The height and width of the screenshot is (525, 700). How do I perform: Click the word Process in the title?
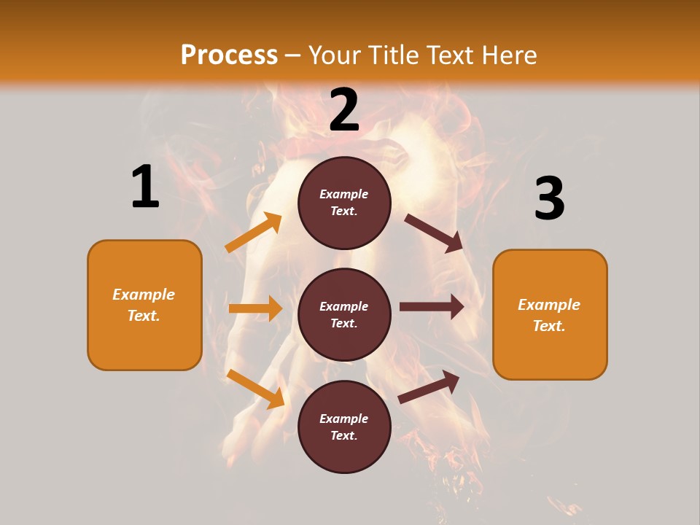pyautogui.click(x=229, y=55)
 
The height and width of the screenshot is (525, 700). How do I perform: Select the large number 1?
pyautogui.click(x=144, y=187)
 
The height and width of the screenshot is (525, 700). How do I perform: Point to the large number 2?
pyautogui.click(x=344, y=110)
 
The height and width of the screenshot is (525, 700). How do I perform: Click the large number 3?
pyautogui.click(x=549, y=198)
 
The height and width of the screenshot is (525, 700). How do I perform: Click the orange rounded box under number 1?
pyautogui.click(x=144, y=305)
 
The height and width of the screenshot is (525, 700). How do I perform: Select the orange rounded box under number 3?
pyautogui.click(x=550, y=315)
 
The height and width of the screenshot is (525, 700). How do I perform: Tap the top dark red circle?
pyautogui.click(x=344, y=203)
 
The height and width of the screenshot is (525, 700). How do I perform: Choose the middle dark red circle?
pyautogui.click(x=344, y=314)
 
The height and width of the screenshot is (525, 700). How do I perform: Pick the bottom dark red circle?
pyautogui.click(x=344, y=427)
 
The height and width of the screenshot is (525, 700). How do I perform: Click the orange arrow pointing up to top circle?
pyautogui.click(x=254, y=233)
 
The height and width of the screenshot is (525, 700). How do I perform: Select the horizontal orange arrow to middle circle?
pyautogui.click(x=255, y=308)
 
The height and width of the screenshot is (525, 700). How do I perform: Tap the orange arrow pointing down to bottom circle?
pyautogui.click(x=255, y=389)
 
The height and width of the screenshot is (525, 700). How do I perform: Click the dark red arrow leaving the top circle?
pyautogui.click(x=434, y=233)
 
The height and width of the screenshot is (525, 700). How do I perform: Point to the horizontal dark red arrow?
pyautogui.click(x=432, y=307)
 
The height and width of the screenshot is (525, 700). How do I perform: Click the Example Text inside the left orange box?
pyautogui.click(x=144, y=305)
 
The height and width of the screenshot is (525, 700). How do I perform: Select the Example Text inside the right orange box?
pyautogui.click(x=549, y=315)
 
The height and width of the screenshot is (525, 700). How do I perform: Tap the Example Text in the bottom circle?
pyautogui.click(x=343, y=427)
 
